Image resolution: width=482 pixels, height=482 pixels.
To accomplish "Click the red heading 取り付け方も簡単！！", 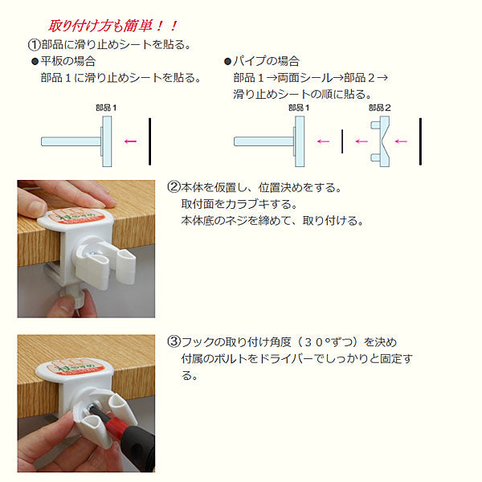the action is [x=112, y=26].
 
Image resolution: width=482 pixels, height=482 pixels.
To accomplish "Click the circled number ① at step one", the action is [x=34, y=44].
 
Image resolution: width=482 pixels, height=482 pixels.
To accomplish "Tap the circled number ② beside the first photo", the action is [x=174, y=187].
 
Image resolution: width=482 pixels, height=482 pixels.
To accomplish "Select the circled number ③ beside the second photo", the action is [x=174, y=341].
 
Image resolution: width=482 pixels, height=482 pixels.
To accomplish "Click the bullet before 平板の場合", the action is [x=35, y=62].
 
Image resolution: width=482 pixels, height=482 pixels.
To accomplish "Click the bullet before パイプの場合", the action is [x=227, y=62].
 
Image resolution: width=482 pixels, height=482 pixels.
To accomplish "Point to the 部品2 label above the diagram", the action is [x=380, y=108].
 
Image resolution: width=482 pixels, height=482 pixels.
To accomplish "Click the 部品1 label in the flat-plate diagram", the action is [x=106, y=108].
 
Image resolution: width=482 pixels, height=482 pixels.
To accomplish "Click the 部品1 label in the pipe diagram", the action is [x=299, y=108].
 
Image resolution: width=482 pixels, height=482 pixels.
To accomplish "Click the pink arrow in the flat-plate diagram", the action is [x=130, y=141].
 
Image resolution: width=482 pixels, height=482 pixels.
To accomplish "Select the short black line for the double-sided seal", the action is [x=342, y=141].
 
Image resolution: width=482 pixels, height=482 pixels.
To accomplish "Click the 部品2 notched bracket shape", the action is [x=381, y=141].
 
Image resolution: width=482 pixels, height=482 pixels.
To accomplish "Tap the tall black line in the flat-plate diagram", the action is [x=149, y=141].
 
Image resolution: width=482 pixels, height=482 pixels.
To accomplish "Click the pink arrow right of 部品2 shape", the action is [x=401, y=141].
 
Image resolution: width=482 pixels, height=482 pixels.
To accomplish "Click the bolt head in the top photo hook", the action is [x=93, y=253].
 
